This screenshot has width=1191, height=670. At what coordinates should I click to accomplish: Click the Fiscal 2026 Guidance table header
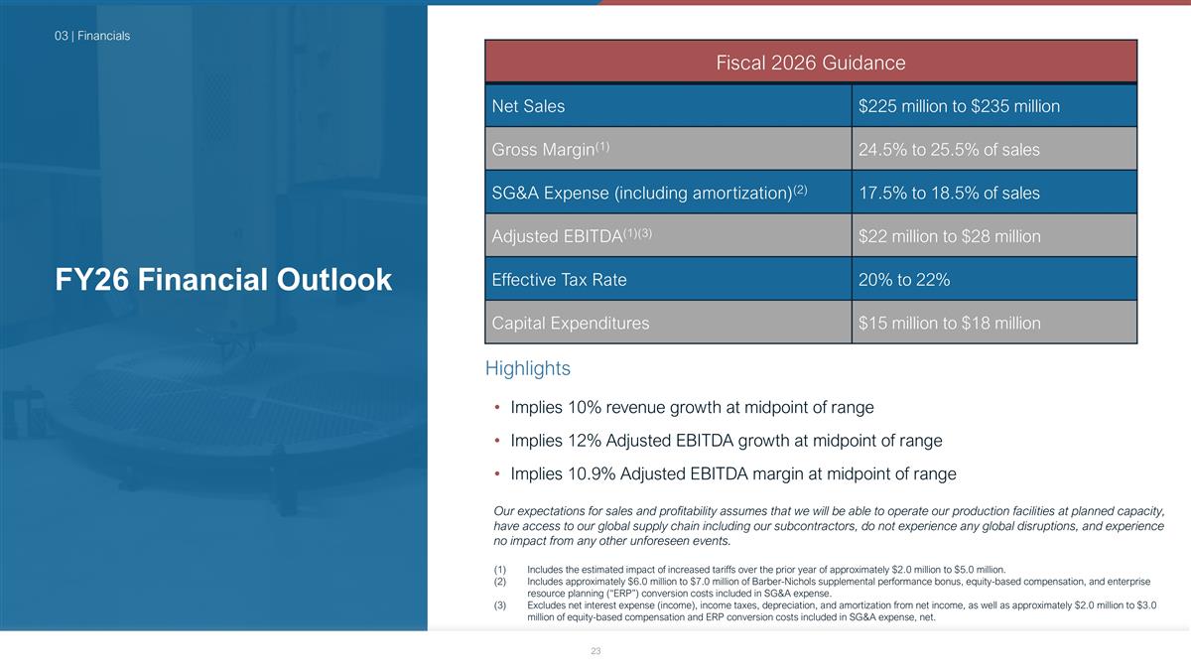[810, 63]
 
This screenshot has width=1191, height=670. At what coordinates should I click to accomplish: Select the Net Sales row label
[528, 106]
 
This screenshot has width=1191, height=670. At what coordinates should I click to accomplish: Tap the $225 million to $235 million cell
[959, 106]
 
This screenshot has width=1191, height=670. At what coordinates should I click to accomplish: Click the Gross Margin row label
[550, 149]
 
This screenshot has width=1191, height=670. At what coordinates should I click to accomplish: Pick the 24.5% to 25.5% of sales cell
[949, 150]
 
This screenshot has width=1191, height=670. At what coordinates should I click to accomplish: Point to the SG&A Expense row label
[649, 193]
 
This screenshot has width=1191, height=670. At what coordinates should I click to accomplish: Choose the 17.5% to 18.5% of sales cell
[949, 193]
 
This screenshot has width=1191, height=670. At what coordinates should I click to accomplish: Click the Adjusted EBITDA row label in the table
[572, 235]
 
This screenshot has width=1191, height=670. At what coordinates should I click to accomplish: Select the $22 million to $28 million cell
[949, 236]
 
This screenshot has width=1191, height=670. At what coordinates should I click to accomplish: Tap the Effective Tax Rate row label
[559, 279]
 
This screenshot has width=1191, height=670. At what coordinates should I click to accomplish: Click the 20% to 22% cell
[904, 279]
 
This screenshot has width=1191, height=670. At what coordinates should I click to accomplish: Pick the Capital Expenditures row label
[571, 323]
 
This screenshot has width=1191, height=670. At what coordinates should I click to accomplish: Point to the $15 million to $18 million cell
[949, 323]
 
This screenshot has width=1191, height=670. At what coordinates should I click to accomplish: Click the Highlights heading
[527, 368]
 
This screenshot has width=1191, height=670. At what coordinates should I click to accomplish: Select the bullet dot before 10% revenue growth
[497, 407]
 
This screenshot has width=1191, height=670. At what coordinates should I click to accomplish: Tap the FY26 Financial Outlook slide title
[223, 279]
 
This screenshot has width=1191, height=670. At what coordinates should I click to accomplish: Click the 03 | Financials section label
[92, 36]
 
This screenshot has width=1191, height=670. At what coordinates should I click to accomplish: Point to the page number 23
[595, 651]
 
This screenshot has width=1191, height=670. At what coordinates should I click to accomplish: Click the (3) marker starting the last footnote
[500, 605]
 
